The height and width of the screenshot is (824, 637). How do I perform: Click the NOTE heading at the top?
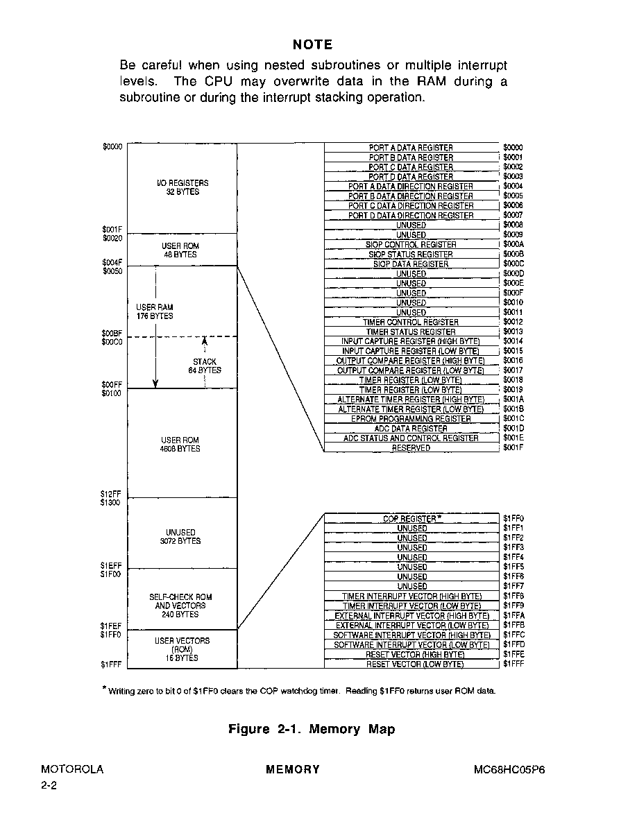point(312,44)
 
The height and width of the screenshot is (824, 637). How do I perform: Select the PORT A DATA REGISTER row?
point(411,148)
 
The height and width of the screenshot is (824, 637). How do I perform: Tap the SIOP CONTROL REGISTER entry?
point(411,245)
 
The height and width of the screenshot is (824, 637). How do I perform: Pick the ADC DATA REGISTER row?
point(411,429)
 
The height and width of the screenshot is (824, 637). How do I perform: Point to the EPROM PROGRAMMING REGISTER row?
point(411,419)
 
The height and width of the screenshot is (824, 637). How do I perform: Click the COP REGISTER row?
point(411,519)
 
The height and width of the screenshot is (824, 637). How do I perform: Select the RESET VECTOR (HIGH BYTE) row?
point(411,654)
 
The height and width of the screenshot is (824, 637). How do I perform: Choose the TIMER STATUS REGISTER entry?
point(411,332)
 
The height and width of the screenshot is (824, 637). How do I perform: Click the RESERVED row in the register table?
point(411,448)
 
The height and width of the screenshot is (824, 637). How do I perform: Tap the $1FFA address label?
point(513,615)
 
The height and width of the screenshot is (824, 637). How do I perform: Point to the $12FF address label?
point(110,494)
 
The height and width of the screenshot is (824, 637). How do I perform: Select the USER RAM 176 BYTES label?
point(155,311)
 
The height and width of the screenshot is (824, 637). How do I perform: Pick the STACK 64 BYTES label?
point(205,366)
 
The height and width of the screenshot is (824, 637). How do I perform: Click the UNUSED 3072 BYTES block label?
point(180,537)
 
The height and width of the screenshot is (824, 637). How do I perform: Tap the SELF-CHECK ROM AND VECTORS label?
point(180,606)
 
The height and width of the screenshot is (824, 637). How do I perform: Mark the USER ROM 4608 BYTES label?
point(180,445)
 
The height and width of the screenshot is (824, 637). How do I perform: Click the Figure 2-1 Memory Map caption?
point(312,729)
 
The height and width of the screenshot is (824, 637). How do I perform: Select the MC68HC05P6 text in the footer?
point(509,770)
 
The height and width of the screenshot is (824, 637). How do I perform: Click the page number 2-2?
point(49,786)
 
